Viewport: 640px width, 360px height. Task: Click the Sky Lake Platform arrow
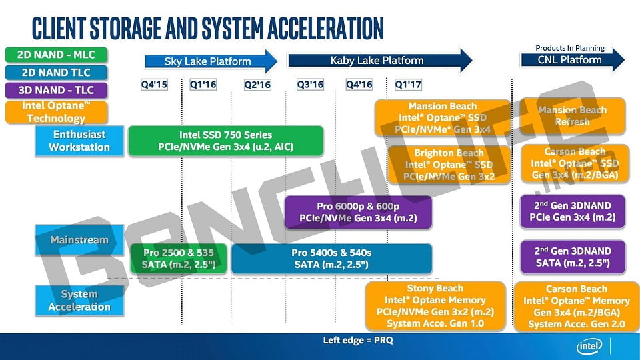[x=208, y=61]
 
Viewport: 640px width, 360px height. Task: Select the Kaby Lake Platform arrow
[x=377, y=61]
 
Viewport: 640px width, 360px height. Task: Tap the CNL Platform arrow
[x=570, y=60]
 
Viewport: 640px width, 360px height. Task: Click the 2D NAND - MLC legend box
[x=47, y=55]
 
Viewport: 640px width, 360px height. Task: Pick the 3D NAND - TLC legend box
[x=47, y=89]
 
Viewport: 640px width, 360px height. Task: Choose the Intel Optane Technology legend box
[x=47, y=112]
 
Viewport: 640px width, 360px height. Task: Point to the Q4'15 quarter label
[x=154, y=85]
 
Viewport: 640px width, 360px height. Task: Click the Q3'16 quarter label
[x=310, y=85]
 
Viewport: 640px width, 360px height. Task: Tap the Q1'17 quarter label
[x=408, y=85]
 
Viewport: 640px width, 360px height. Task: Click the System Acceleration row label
[x=79, y=301]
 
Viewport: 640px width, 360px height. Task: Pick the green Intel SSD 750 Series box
[x=225, y=141]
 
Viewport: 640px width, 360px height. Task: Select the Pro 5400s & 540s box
[x=331, y=259]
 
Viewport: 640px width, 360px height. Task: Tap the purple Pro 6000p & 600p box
[x=358, y=211]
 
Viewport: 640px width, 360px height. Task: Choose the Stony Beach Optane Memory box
[x=435, y=306]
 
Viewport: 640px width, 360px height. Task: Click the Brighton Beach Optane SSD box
[x=449, y=165]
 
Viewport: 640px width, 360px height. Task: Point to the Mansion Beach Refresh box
[x=573, y=116]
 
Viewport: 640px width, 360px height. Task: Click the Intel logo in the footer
[x=590, y=346]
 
